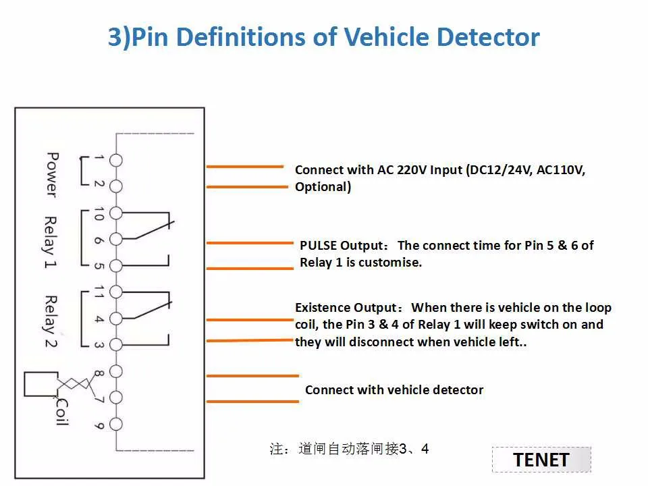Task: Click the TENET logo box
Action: (x=541, y=460)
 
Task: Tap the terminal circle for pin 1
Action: (x=116, y=160)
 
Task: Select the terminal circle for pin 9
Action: (x=116, y=424)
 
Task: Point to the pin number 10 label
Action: (x=99, y=213)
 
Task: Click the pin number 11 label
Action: (x=99, y=292)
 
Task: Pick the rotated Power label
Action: (x=51, y=174)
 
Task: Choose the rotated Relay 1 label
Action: (x=51, y=242)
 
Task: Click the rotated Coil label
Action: (x=61, y=411)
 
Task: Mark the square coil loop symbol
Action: (x=35, y=383)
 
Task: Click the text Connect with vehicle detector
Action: (x=394, y=390)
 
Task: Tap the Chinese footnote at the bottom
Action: (x=349, y=449)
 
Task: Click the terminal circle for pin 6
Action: (x=116, y=239)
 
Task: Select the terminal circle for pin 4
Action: (x=116, y=319)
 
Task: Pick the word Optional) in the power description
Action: (x=323, y=187)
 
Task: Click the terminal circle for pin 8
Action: (x=116, y=371)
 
